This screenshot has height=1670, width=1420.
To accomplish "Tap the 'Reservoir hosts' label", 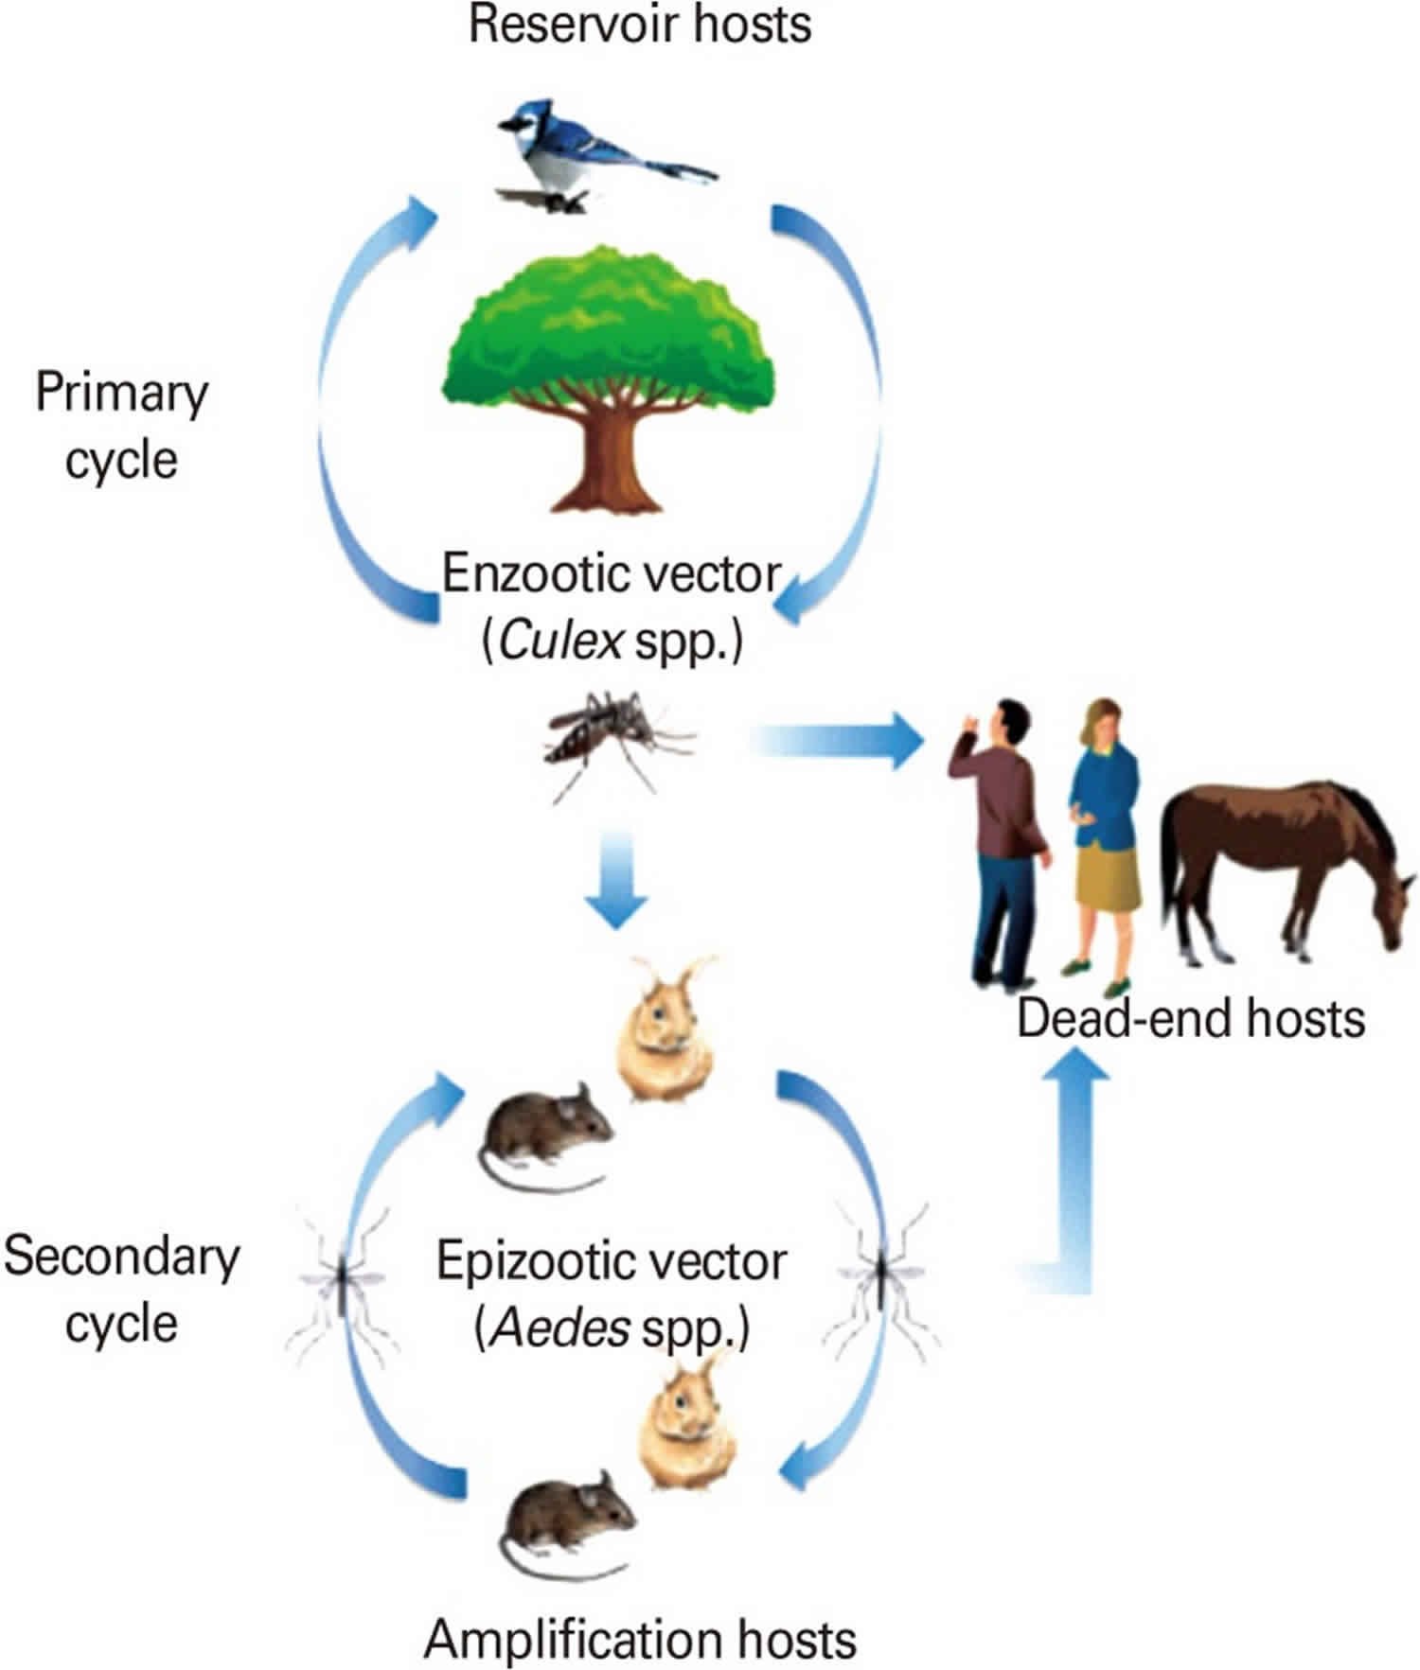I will tap(640, 25).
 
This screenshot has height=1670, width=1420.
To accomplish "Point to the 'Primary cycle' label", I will tap(121, 426).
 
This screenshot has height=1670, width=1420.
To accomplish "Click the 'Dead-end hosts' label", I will tap(1190, 1020).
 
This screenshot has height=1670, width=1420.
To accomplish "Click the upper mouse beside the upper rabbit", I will tap(549, 1131).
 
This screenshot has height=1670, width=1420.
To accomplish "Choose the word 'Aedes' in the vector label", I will tap(550, 1330).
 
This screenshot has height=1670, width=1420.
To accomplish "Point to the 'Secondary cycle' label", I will tap(121, 1289).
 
